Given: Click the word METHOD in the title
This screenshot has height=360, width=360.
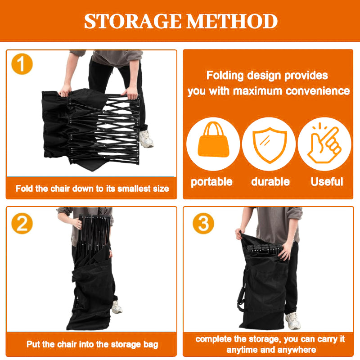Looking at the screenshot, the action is [x=232, y=21].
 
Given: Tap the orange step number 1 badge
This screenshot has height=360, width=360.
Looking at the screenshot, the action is [x=22, y=64].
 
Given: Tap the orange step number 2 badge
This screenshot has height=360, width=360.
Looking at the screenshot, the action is [x=22, y=223].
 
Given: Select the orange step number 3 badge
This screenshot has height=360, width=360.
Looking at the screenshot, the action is [x=203, y=223].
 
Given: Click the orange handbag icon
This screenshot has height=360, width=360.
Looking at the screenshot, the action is [x=213, y=139].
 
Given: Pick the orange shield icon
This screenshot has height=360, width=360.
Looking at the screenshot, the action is [x=270, y=144].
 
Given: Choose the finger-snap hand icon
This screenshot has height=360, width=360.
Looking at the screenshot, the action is [x=324, y=143].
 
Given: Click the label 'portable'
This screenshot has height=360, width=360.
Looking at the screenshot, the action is [x=211, y=182].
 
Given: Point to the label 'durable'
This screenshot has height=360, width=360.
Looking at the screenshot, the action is [x=270, y=182].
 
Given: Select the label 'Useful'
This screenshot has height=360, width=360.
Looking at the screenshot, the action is [x=327, y=182].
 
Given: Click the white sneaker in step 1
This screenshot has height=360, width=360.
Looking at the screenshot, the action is [x=146, y=139].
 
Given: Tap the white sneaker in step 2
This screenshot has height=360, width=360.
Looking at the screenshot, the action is [x=117, y=307].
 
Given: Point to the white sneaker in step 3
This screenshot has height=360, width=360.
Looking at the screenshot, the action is [x=293, y=321].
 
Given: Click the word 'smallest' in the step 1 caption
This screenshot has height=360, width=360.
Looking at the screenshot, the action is [x=134, y=189].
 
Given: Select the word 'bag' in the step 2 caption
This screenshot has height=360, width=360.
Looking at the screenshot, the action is [x=151, y=345].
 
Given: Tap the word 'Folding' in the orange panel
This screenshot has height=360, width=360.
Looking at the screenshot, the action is [x=225, y=76].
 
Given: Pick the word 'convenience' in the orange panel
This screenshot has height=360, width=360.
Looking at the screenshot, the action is [x=318, y=91].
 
